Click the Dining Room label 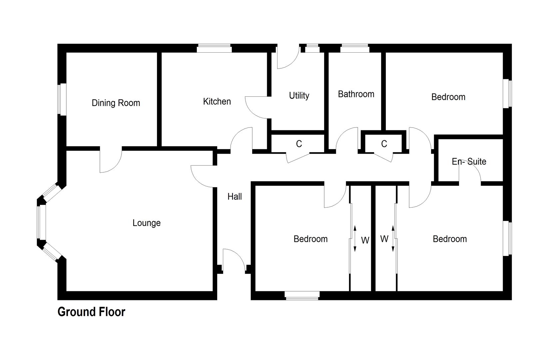coord(116,103)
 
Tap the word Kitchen coord(217,101)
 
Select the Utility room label coord(299,96)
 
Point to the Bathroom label coord(356,94)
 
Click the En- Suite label coord(469,162)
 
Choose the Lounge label coord(146,223)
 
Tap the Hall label coord(235,197)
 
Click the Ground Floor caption coord(91,312)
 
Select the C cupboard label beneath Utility coord(299,144)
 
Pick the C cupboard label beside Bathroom coord(384,144)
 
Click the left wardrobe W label coord(365,240)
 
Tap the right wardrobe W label coord(384,239)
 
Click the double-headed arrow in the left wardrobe coord(355,238)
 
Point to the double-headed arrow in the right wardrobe coord(393,238)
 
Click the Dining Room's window coord(62,99)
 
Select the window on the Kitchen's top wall coord(214,48)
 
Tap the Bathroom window coord(354,48)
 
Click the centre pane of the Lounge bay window coord(41,222)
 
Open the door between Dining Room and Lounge coord(111,161)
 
